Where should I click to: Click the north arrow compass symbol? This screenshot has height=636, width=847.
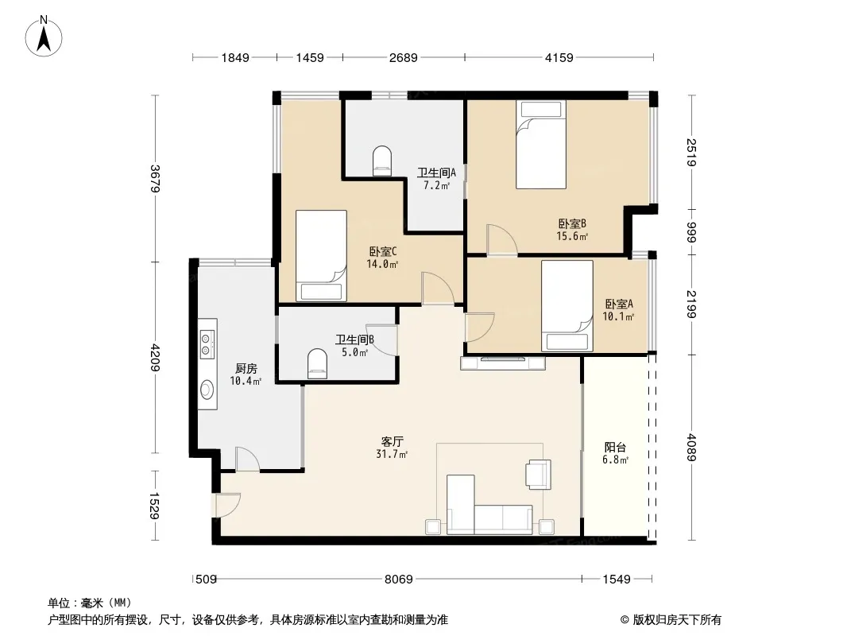coord(44,37)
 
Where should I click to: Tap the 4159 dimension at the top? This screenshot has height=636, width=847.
coord(559,57)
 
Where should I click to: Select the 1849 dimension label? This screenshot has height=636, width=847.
coord(235,57)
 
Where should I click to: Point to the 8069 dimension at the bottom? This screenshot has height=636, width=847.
coord(399,580)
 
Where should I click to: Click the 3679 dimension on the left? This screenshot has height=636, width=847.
coord(155,178)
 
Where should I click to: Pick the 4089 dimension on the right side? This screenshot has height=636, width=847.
coord(692,447)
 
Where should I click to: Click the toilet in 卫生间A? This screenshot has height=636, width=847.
coord(382,161)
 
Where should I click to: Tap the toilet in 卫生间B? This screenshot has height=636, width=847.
coord(317,363)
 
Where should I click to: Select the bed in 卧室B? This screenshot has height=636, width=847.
coord(541,144)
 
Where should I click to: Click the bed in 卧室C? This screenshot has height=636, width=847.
coord(322,255)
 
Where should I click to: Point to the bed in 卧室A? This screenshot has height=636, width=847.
coord(567,306)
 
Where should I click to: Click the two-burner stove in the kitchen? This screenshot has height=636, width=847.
coord(207,344)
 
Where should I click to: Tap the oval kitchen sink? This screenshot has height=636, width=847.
coord(207,390)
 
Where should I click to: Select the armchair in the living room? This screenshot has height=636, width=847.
coord(539,475)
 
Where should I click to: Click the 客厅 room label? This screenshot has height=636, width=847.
coord(393,441)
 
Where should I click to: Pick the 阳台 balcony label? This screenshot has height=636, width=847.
coord(615,448)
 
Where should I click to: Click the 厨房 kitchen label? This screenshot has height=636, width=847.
coord(246,369)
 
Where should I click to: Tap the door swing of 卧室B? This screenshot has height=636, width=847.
coord(502,239)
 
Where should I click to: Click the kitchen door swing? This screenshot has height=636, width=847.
coord(248,459)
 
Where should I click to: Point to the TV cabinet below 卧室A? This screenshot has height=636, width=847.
coord(503,363)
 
